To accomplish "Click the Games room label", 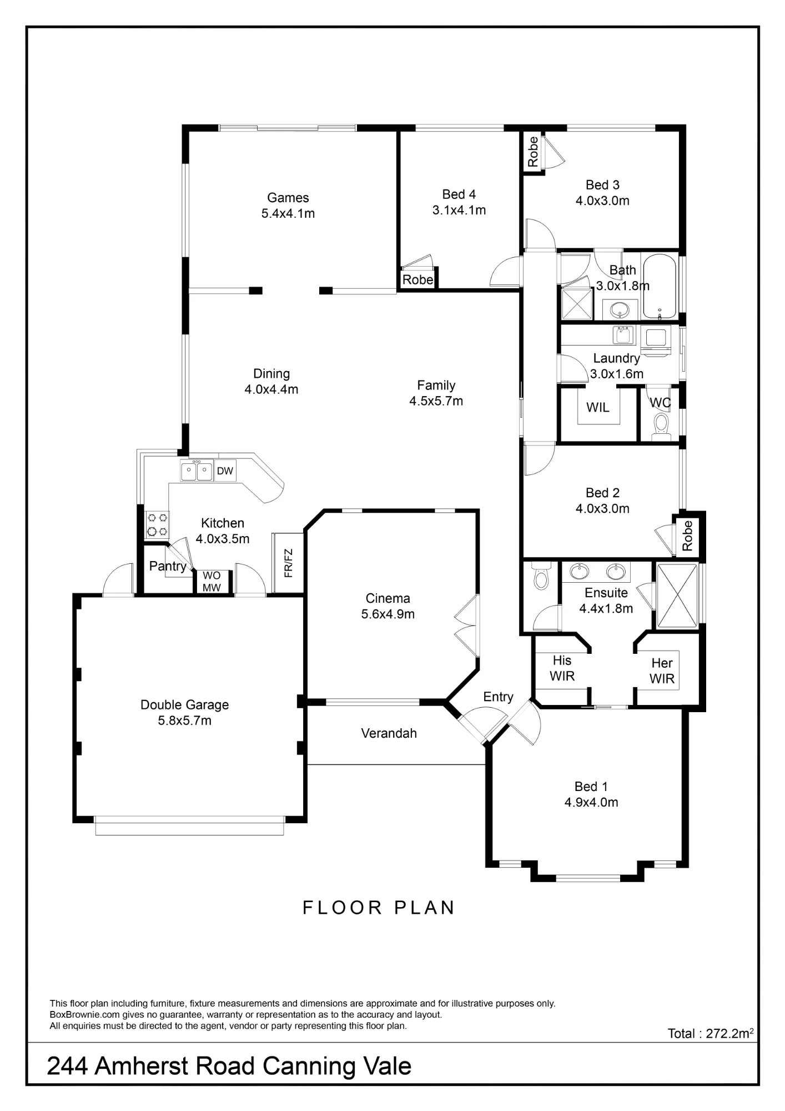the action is click(x=288, y=198).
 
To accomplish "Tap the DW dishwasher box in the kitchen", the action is click(x=225, y=471).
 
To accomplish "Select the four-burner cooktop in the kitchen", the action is click(x=157, y=525).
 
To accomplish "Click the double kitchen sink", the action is click(x=197, y=471).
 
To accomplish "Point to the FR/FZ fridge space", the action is click(x=288, y=563).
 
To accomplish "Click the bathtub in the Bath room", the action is click(x=660, y=286).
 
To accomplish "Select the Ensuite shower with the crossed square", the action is click(x=677, y=596).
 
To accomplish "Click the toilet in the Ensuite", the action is click(x=540, y=575).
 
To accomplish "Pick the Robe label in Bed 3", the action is click(x=533, y=152).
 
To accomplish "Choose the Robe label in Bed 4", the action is click(x=417, y=279).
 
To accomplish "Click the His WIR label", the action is click(x=562, y=668).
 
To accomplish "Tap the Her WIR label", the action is click(x=662, y=670).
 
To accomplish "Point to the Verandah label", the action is click(x=389, y=733).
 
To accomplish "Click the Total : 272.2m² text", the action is click(x=711, y=1033).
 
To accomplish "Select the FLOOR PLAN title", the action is click(x=379, y=908).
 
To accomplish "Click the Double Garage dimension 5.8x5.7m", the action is click(x=184, y=720).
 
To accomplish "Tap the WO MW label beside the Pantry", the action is click(x=212, y=582).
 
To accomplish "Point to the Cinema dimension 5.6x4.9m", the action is click(x=388, y=614).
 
